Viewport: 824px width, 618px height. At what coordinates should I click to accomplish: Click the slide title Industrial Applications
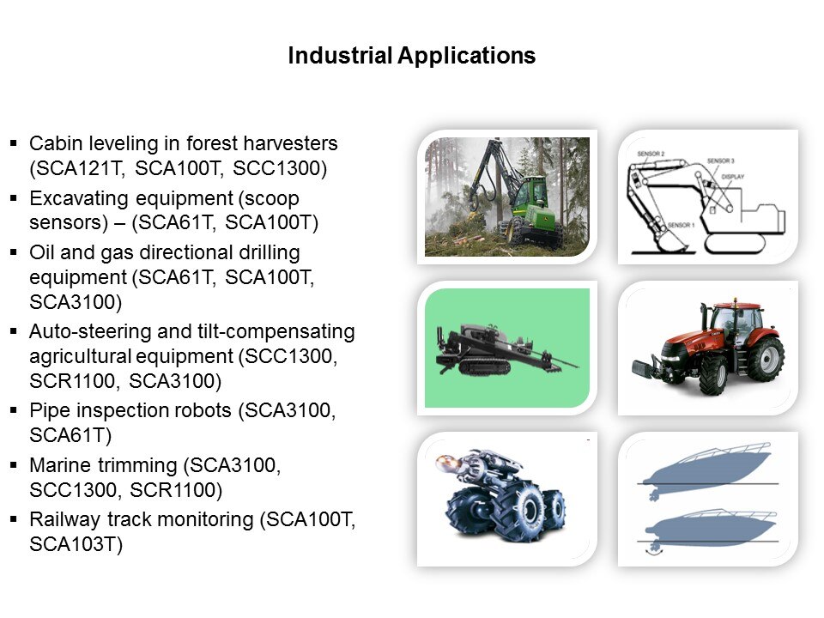411,56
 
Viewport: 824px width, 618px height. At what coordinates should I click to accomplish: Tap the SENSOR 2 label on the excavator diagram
651,154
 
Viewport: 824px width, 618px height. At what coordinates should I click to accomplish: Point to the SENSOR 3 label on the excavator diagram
720,161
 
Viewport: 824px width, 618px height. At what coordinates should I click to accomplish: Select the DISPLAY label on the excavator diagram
732,177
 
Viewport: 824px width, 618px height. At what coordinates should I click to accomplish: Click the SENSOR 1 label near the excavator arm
681,225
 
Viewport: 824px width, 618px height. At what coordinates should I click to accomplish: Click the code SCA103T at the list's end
72,544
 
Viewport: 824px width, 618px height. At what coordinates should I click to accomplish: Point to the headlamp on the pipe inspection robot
446,463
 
